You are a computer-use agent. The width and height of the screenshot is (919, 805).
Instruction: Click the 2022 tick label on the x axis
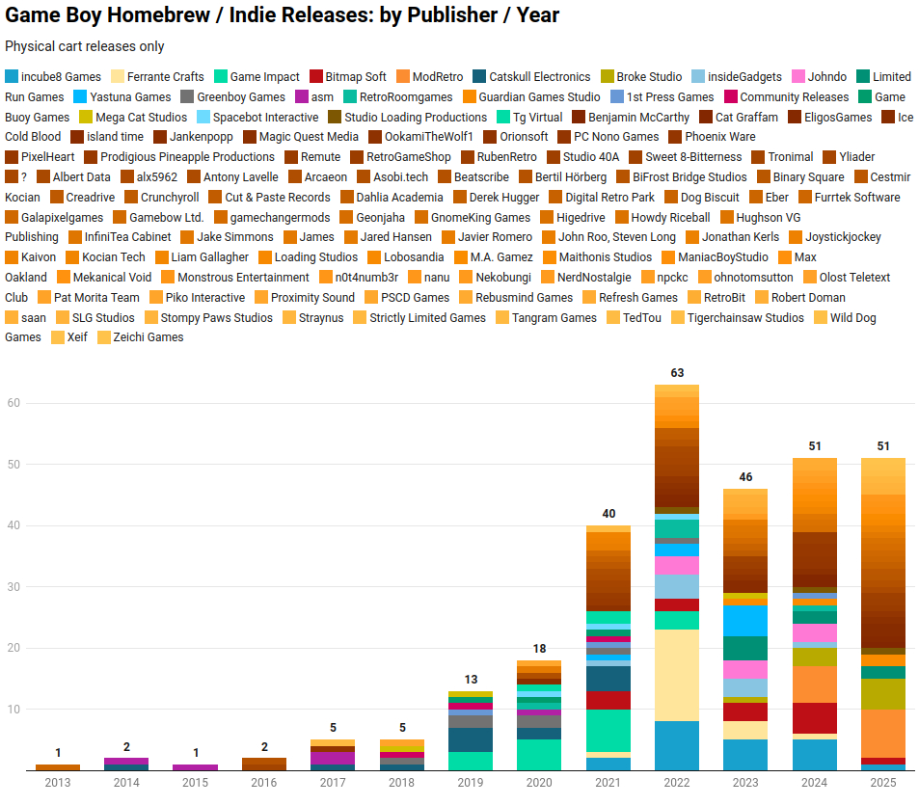click(677, 783)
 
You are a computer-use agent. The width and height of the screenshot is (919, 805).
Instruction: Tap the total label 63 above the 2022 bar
click(677, 372)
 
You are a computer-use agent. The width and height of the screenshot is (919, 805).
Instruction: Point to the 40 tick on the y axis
click(14, 525)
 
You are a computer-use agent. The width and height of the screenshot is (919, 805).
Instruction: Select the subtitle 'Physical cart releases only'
click(85, 46)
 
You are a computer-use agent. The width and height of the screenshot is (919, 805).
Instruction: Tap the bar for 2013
click(58, 766)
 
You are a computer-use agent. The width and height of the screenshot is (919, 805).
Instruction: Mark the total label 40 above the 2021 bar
click(608, 513)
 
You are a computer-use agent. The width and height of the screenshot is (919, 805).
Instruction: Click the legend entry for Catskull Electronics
click(539, 77)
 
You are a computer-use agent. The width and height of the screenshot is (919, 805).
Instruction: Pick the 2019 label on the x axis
click(471, 783)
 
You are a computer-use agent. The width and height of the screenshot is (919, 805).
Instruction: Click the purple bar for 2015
click(196, 766)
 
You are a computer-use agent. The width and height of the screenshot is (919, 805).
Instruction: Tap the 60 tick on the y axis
click(14, 403)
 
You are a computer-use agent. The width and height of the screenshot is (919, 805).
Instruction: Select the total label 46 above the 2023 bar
click(745, 476)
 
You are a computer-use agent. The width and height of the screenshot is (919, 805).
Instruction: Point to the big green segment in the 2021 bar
click(608, 730)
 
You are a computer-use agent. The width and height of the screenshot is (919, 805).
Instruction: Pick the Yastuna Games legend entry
click(129, 97)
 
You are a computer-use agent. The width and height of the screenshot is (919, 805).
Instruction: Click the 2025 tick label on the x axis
click(883, 783)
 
